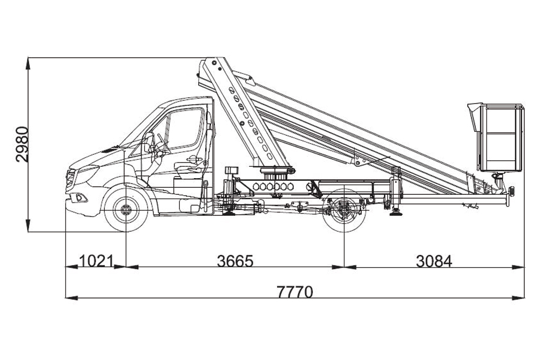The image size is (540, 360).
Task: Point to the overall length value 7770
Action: coord(294,292)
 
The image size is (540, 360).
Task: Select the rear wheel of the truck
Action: coord(344,211)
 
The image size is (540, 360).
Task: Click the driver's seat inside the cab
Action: coord(188,165)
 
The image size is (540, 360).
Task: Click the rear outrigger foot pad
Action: coord(397,214)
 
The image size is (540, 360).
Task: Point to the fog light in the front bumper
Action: coord(80,198)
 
